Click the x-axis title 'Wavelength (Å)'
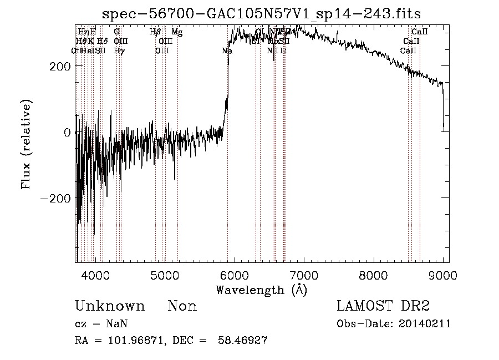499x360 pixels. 261,290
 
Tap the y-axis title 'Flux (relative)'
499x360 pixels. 27,144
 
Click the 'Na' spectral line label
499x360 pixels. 227,51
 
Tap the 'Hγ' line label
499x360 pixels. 119,51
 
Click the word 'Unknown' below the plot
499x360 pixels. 110,307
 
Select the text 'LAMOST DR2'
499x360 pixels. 383,306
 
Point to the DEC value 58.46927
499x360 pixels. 245,341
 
